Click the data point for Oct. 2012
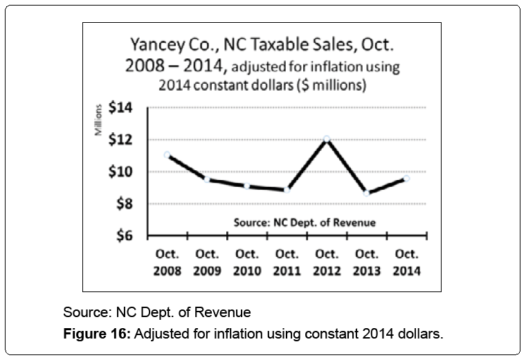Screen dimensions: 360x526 click(327, 139)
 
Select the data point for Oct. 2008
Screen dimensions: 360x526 click(167, 154)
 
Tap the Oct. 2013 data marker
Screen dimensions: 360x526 click(366, 193)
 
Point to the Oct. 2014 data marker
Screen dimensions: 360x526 click(406, 178)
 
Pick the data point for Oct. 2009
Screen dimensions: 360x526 click(207, 179)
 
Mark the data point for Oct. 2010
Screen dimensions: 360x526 click(247, 186)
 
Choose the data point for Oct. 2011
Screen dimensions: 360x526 click(287, 190)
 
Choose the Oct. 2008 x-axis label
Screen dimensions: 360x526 click(167, 262)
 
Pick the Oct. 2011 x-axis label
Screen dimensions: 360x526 click(287, 262)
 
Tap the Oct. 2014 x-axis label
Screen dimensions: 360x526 click(406, 262)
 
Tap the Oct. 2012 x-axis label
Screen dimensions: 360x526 click(327, 262)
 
